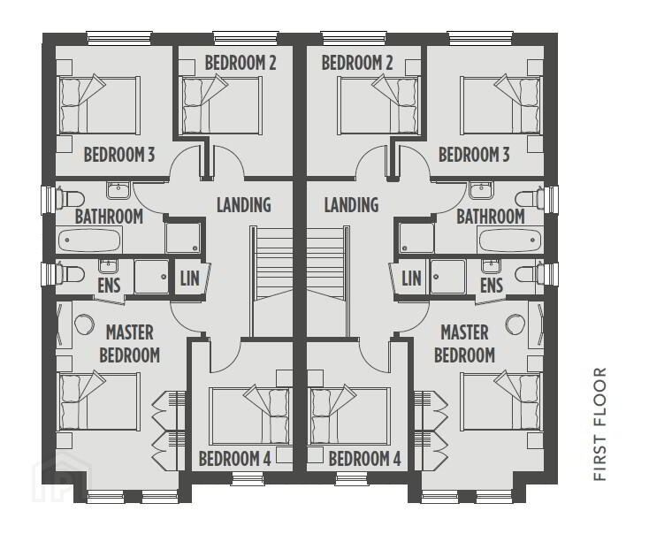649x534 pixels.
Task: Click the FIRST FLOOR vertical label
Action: [x=599, y=423]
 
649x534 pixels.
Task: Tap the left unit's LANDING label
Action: [x=244, y=204]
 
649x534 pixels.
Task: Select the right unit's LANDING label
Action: [x=351, y=204]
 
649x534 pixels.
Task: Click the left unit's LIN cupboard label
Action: [x=189, y=278]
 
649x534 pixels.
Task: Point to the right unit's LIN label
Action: [x=411, y=278]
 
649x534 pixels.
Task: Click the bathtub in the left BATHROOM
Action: [x=90, y=240]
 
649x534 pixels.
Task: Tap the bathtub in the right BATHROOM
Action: [x=510, y=240]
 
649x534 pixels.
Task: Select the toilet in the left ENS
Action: [x=71, y=273]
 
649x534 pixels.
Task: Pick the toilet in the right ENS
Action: [x=530, y=273]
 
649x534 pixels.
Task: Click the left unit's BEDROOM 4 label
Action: [x=234, y=459]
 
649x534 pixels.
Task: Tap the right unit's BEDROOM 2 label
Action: [x=357, y=63]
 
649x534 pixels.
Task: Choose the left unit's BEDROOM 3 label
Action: [x=119, y=155]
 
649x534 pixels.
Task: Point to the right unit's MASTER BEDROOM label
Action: [x=464, y=344]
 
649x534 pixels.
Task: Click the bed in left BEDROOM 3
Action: [x=98, y=104]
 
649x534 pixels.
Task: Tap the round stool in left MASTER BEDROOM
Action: [x=84, y=324]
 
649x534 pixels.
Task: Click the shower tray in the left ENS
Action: [x=151, y=277]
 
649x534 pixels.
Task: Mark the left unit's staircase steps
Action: [x=271, y=262]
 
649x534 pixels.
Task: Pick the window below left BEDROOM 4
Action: [x=248, y=479]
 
